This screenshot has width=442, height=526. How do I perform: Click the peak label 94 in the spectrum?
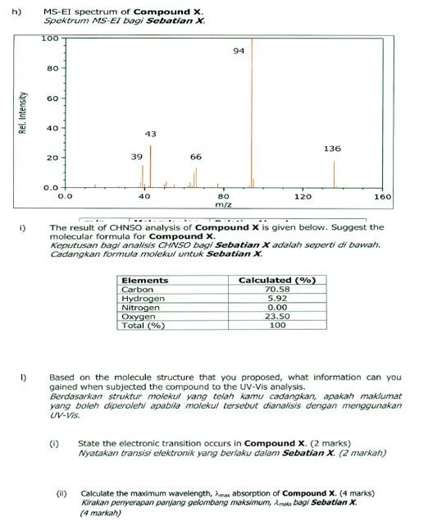[x=239, y=51]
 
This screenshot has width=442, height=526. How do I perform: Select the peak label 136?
[x=332, y=149]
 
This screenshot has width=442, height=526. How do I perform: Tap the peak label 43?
[x=151, y=133]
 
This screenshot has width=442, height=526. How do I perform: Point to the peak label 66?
[x=196, y=156]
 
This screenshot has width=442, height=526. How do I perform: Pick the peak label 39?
[x=137, y=156]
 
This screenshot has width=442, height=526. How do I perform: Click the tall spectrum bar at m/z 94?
[x=252, y=115]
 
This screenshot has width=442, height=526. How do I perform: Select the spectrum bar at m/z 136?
[x=334, y=174]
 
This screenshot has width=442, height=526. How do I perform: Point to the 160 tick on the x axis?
[x=382, y=197]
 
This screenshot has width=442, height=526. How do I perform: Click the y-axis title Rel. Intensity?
[x=24, y=112]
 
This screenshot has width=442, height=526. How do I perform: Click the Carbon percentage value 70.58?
[x=277, y=290]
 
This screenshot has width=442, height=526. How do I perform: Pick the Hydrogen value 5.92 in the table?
[x=277, y=299]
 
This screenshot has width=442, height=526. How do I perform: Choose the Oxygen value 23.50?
[x=277, y=316]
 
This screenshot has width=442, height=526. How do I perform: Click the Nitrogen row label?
[x=137, y=308]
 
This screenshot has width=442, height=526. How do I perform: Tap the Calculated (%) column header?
[x=277, y=281]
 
